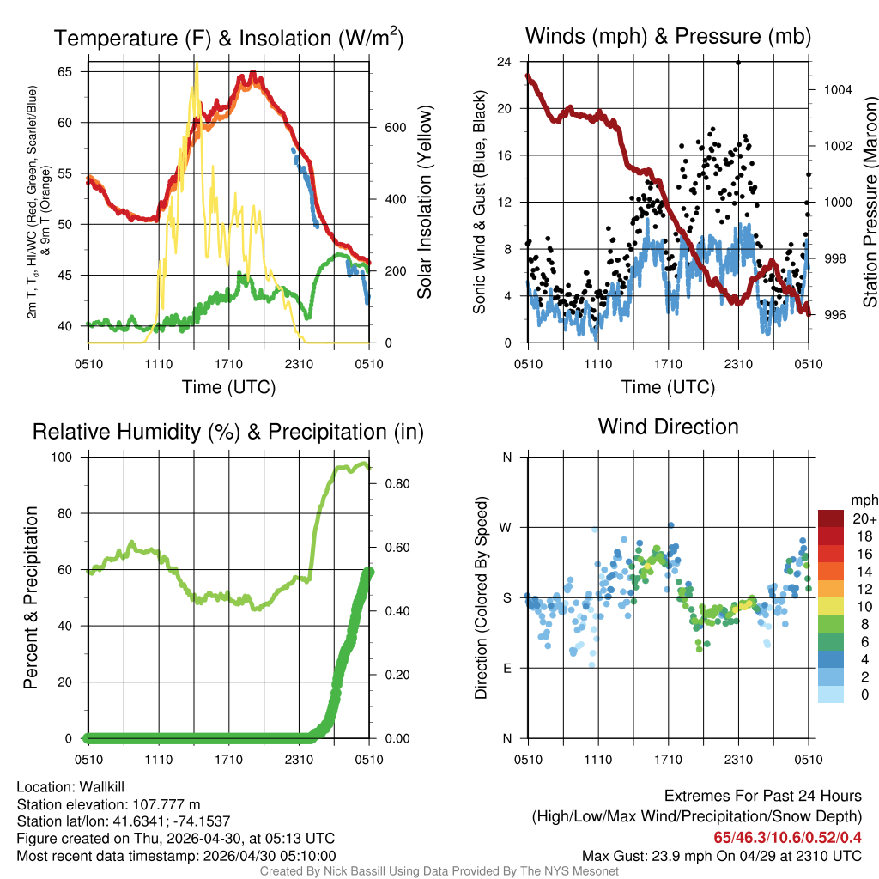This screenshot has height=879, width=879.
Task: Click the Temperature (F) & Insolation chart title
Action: (228, 39)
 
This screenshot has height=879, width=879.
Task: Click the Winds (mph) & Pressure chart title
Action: (668, 37)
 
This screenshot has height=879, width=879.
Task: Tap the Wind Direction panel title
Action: (668, 427)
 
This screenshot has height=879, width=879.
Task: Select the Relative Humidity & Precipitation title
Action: (228, 432)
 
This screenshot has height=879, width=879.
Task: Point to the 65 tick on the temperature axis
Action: (65, 71)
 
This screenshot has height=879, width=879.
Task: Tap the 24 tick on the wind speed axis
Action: (505, 62)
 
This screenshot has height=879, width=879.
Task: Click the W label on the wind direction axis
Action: (506, 527)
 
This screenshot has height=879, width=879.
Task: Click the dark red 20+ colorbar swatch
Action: (830, 518)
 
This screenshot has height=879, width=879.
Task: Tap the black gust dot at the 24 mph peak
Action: (738, 62)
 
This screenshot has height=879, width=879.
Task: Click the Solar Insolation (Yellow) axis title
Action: (425, 203)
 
